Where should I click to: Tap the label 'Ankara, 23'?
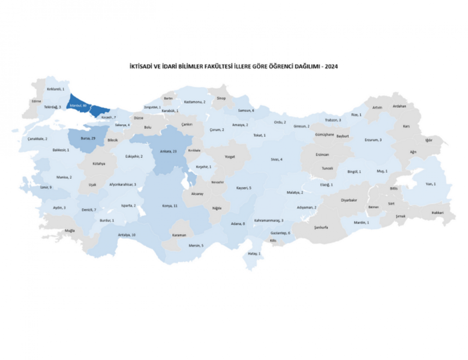tap(168, 152)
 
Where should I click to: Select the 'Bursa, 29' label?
tap(88, 138)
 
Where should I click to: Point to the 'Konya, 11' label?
tap(170, 206)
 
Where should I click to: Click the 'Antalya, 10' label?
tap(127, 235)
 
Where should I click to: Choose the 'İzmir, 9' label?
tap(46, 187)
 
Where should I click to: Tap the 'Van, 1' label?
tap(431, 184)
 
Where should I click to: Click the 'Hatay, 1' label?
tap(254, 254)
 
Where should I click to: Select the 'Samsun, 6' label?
tap(246, 111)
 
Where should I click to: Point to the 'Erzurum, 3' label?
tap(373, 140)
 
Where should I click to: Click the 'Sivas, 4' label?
tap(276, 159)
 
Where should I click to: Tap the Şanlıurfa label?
tap(321, 228)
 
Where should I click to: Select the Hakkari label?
tap(437, 213)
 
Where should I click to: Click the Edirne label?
tap(36, 101)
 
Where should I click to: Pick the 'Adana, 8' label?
tap(238, 224)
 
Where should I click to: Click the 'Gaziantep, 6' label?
tap(280, 233)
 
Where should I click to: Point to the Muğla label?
tap(70, 230)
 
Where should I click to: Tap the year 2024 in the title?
tap(332, 67)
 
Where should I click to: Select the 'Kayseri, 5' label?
tap(244, 188)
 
